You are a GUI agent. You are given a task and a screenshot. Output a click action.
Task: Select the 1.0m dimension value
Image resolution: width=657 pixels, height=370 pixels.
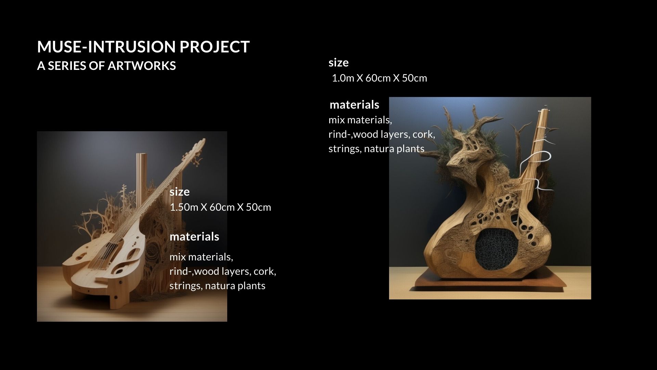pos(343,78)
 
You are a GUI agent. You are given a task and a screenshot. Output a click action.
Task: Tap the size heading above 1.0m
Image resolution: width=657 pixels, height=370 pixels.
pos(338,62)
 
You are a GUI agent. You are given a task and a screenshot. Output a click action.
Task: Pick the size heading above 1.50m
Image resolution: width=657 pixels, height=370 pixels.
pos(179,192)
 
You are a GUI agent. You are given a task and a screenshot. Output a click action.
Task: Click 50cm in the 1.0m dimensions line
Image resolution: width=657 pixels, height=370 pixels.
pos(414,78)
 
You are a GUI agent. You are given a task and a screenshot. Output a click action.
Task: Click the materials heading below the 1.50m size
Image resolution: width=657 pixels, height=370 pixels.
pos(194,237)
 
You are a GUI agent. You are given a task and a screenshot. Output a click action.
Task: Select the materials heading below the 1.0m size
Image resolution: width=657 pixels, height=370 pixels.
pos(355,104)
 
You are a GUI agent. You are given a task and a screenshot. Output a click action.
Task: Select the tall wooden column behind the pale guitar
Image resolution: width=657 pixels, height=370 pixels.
pos(141,178)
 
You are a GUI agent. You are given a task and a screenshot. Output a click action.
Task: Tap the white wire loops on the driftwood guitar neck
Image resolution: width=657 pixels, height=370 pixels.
pos(537,161)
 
